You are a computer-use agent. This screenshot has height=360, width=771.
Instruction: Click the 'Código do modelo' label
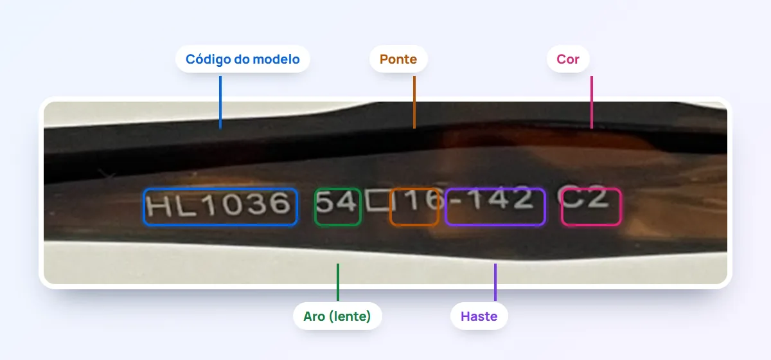point(243,59)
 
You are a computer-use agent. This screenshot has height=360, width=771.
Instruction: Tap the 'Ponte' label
point(398,59)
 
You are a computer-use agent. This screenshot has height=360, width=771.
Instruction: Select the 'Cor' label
point(568,59)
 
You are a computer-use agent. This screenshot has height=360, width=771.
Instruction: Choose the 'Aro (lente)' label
point(337,316)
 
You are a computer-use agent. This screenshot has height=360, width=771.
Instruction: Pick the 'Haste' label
point(479,316)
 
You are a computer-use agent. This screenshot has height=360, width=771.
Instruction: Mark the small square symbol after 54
point(377,200)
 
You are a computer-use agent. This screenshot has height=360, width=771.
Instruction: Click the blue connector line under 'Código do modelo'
point(220,102)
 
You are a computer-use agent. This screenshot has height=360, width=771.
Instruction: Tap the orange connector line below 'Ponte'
point(414,102)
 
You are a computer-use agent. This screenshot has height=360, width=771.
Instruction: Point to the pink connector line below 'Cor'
point(592,102)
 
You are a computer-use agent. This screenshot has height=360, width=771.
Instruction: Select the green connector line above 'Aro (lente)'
point(338,282)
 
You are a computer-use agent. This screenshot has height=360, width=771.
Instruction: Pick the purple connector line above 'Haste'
point(495,282)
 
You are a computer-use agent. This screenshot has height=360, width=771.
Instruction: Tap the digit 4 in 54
point(346,201)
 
